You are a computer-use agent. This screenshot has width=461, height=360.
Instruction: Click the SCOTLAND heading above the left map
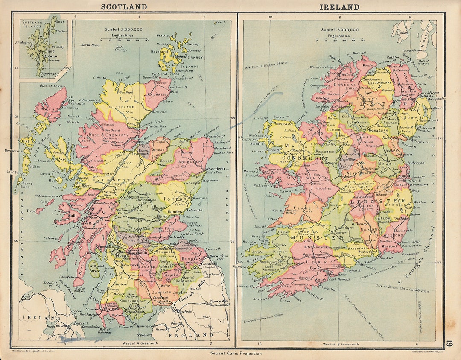(x=123, y=6)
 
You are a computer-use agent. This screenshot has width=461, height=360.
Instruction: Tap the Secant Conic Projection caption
(x=236, y=353)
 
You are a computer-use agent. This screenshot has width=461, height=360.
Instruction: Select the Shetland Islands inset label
(x=33, y=24)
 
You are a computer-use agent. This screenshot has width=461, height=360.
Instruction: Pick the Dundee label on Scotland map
(x=176, y=211)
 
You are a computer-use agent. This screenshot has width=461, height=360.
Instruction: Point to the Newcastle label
(x=219, y=301)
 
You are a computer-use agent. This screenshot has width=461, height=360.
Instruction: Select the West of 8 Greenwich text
(x=341, y=344)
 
